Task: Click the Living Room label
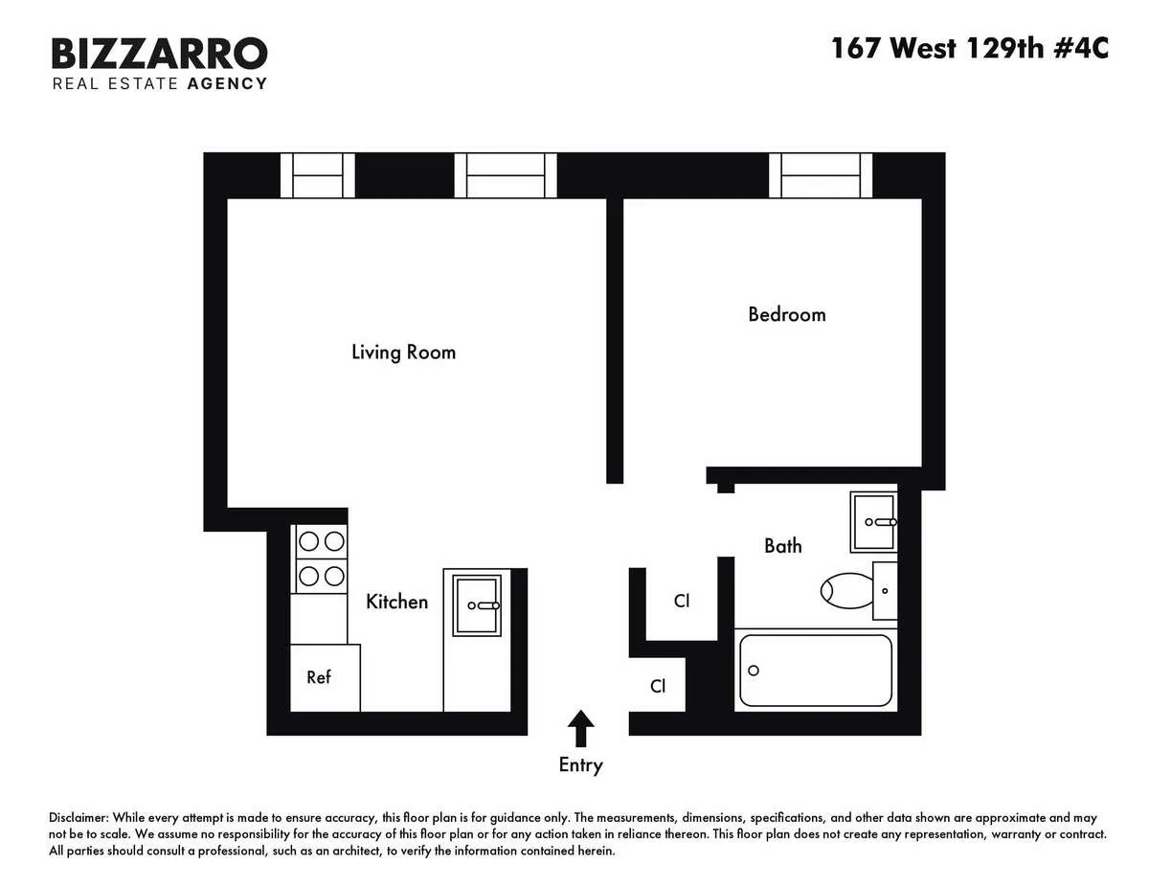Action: (x=403, y=352)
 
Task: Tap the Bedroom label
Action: (x=786, y=314)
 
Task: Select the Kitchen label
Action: (x=396, y=602)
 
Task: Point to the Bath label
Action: (x=782, y=546)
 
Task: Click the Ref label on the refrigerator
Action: (x=319, y=677)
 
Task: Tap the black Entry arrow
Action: (x=580, y=728)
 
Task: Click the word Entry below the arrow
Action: (x=580, y=764)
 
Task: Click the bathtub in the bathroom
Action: (x=815, y=671)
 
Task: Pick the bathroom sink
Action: (x=874, y=522)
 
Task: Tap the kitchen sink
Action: (x=476, y=605)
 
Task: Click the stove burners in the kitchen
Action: (x=321, y=558)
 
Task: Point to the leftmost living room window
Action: (x=317, y=175)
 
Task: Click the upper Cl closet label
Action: (x=682, y=602)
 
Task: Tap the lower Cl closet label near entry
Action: (x=658, y=686)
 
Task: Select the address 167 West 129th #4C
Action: (x=969, y=48)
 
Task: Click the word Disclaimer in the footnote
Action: (x=79, y=819)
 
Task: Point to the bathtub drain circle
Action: (x=754, y=671)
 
